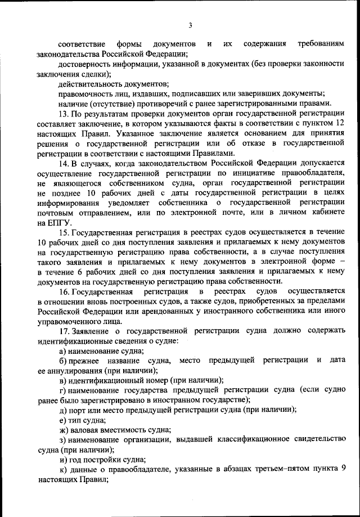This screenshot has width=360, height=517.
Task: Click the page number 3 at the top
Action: coord(191,25)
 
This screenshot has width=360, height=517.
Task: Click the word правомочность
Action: coord(84,93)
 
